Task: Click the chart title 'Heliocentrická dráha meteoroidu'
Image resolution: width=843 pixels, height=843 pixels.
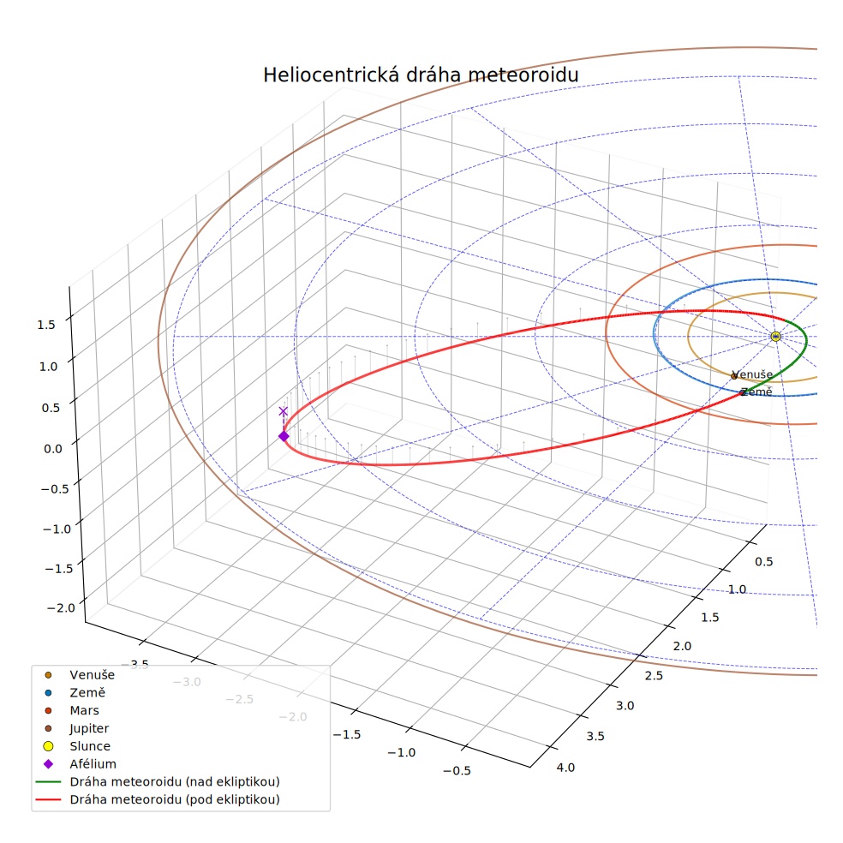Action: (421, 75)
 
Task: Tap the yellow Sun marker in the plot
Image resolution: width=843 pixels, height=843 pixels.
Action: (775, 336)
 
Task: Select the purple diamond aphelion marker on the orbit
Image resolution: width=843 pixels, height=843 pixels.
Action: (284, 436)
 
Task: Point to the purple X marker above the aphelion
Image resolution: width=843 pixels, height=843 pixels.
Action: (284, 411)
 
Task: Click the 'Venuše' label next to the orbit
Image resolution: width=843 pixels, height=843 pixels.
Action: (752, 374)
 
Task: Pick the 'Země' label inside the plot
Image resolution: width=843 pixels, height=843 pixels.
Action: (756, 392)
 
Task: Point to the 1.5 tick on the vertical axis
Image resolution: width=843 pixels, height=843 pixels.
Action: (45, 325)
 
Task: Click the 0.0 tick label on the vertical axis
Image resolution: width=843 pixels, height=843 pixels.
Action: (53, 448)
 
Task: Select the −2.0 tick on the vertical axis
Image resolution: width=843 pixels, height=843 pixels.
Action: (62, 608)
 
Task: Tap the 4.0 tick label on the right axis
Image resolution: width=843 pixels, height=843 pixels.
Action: (565, 768)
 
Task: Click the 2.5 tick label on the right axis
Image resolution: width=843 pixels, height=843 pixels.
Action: (654, 675)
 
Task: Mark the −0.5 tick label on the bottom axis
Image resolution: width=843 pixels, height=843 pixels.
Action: (457, 770)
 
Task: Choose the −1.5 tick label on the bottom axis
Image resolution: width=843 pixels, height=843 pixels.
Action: (347, 734)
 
